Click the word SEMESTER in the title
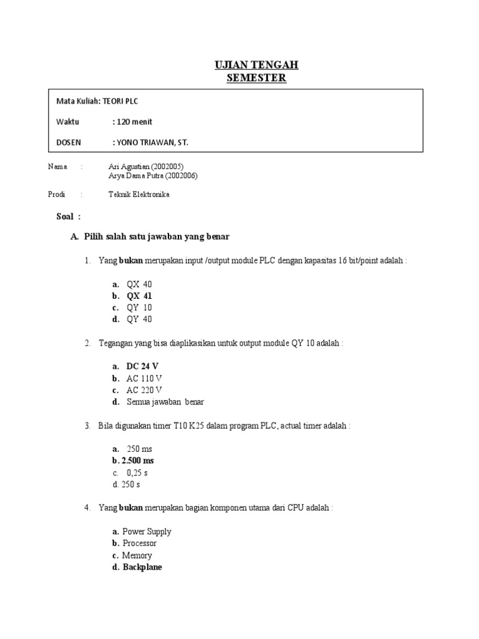(256, 78)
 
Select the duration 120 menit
(133, 122)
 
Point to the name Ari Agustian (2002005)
(147, 167)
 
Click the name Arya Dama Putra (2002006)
(153, 176)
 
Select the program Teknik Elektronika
(138, 194)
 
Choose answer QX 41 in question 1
(139, 296)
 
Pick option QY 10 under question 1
(139, 308)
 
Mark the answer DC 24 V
(143, 366)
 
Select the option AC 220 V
(145, 390)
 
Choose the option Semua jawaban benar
(165, 402)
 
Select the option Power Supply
(147, 532)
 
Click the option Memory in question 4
(137, 555)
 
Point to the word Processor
(140, 544)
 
